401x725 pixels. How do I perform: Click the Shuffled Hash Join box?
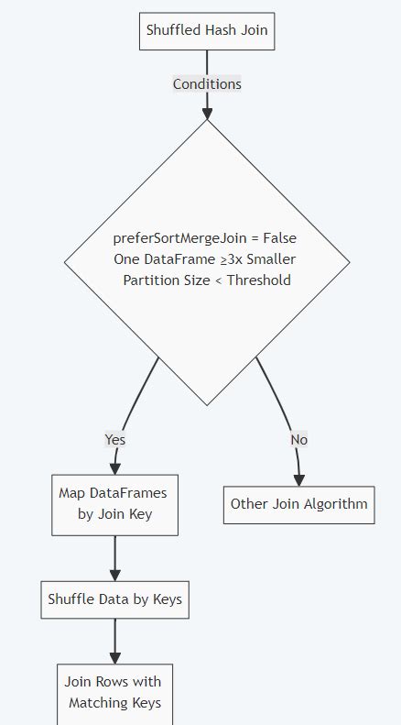click(x=207, y=31)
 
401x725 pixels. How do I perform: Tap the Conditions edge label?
click(x=207, y=84)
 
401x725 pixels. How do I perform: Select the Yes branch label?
click(x=115, y=439)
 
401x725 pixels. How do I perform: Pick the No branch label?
click(x=298, y=439)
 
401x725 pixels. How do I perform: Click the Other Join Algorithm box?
click(x=298, y=503)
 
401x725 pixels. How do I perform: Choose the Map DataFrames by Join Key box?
click(x=114, y=503)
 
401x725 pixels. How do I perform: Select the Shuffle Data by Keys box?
click(x=114, y=600)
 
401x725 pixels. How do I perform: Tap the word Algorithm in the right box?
click(x=335, y=503)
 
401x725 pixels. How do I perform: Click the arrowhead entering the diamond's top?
click(x=207, y=113)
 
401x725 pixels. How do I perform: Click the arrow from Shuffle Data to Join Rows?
click(x=114, y=642)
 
